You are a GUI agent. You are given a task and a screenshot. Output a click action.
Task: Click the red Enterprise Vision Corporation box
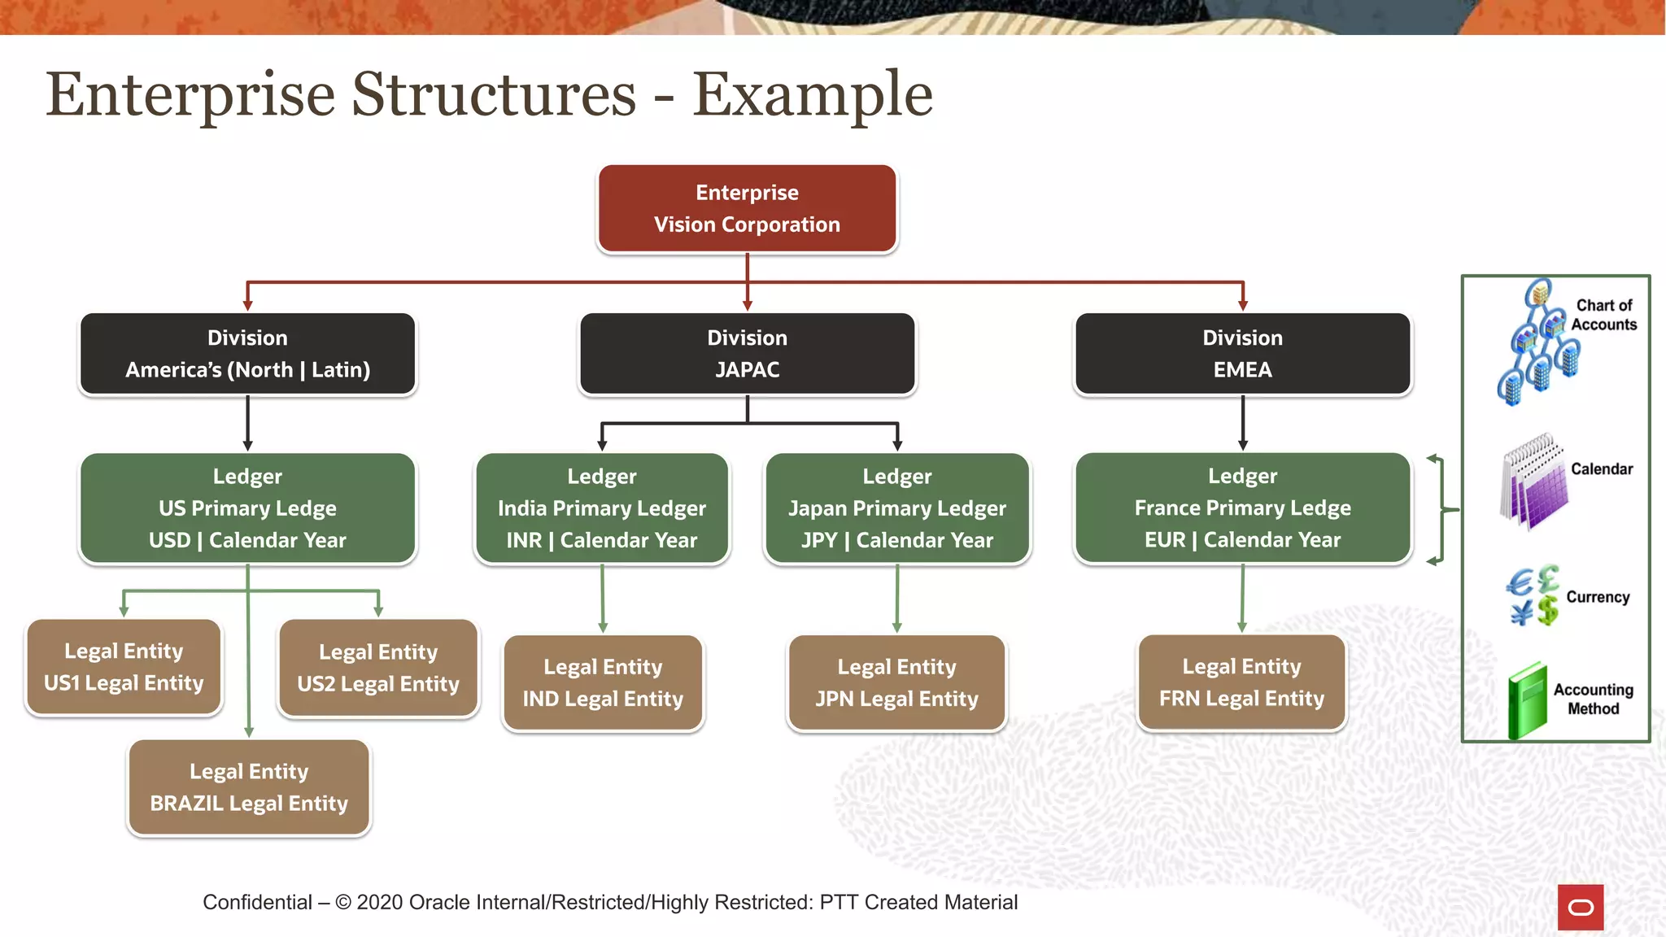click(747, 209)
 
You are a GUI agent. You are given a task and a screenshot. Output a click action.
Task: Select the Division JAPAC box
click(747, 354)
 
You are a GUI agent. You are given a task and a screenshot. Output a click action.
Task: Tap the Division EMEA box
click(1242, 354)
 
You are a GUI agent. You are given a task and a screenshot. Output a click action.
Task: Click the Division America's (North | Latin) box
click(247, 354)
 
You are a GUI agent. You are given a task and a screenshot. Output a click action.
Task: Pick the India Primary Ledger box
click(602, 508)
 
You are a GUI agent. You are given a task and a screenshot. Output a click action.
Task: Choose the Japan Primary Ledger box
click(897, 508)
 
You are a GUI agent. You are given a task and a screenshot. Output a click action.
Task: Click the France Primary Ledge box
click(1242, 508)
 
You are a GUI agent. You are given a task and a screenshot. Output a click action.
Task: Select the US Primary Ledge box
click(247, 508)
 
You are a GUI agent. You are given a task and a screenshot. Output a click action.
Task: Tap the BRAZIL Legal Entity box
click(249, 787)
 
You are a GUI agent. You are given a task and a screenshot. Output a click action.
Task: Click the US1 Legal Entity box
click(124, 667)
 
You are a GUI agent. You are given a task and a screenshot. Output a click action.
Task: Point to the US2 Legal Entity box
click(378, 668)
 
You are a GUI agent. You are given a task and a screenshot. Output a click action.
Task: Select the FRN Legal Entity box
click(1241, 682)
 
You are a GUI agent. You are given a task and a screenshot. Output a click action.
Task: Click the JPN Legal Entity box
click(896, 683)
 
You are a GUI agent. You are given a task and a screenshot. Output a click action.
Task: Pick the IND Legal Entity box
click(603, 683)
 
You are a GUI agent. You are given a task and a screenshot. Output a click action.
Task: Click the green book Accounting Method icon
click(1527, 700)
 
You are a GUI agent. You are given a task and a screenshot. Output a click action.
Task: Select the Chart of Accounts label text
click(1603, 315)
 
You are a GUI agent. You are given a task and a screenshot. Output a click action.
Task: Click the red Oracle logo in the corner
click(1580, 907)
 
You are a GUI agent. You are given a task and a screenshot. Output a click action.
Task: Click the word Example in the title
click(812, 95)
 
